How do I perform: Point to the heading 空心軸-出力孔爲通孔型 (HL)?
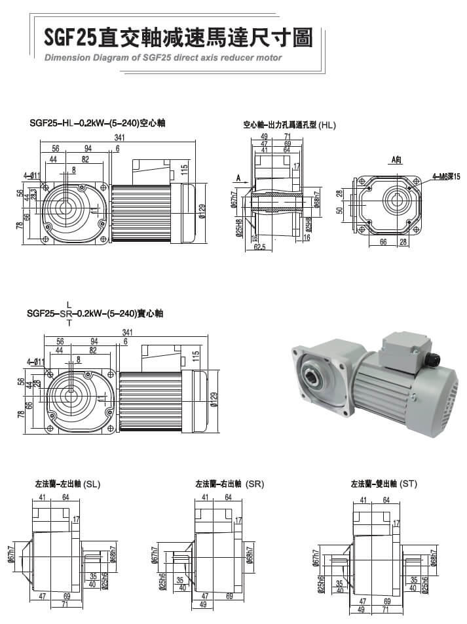point(289,124)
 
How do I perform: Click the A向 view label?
point(396,159)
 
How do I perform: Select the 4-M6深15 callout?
point(447,176)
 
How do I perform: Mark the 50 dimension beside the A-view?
point(340,210)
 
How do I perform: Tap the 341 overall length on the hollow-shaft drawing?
point(120,138)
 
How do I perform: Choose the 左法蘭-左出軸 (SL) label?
point(68,484)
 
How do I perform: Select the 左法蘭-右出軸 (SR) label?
point(229,484)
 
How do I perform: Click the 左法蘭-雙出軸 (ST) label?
point(384,484)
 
